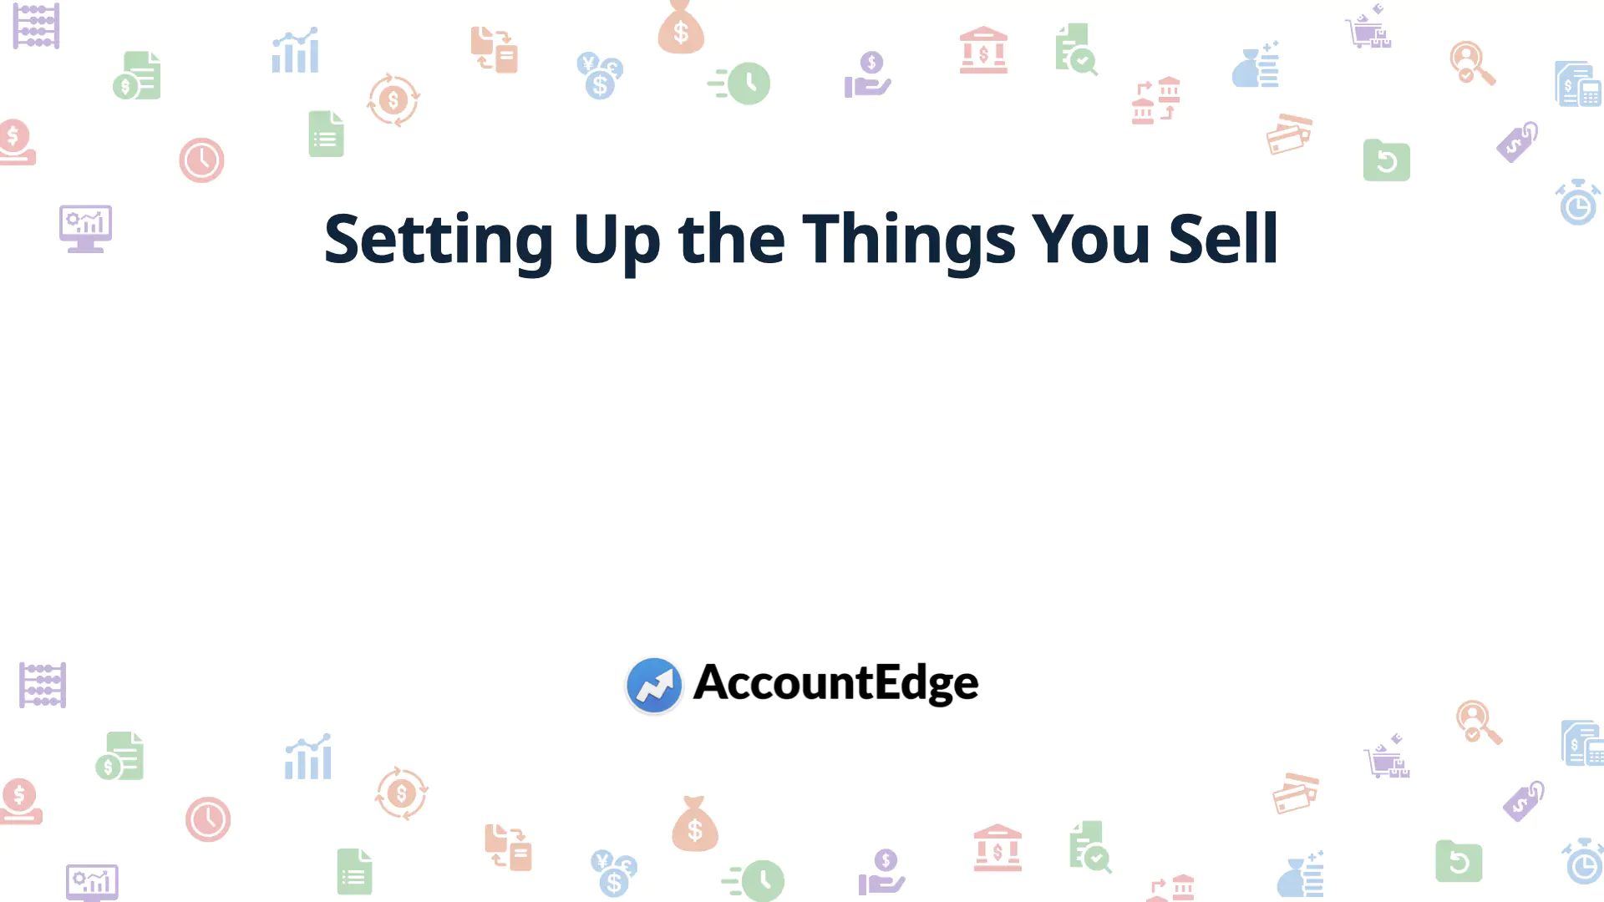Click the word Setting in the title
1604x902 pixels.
[x=439, y=240]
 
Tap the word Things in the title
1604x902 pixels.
[x=909, y=240]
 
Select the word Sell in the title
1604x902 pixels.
[x=1223, y=239]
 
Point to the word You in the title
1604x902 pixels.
[x=1091, y=239]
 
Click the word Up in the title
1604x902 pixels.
[x=617, y=240]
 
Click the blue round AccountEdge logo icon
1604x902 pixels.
[x=654, y=685]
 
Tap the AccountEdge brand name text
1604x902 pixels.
[x=835, y=683]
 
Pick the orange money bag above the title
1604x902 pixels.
[x=681, y=28]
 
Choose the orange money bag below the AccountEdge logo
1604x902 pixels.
[x=695, y=824]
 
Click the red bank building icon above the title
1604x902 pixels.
[x=983, y=50]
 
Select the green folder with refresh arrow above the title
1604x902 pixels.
[x=1387, y=160]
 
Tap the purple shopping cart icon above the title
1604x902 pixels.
[x=1368, y=28]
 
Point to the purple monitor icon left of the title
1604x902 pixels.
[x=85, y=228]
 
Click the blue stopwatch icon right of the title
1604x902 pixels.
[x=1578, y=202]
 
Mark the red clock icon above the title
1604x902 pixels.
[x=201, y=160]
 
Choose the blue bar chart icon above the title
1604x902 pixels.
[x=295, y=51]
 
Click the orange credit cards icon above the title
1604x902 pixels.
[x=1289, y=134]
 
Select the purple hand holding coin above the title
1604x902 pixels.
[x=867, y=75]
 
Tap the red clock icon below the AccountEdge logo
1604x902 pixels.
[x=208, y=819]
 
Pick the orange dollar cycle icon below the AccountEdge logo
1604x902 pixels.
[x=401, y=793]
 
